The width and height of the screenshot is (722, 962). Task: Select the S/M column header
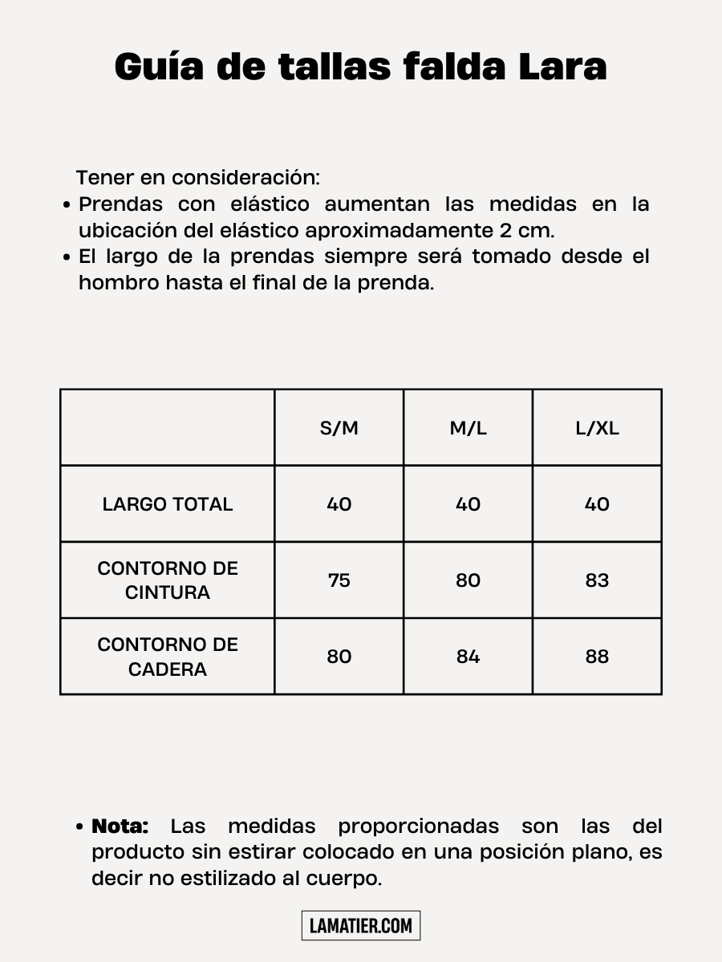pos(339,428)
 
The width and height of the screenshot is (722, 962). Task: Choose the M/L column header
pos(468,428)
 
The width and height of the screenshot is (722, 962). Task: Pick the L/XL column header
pos(597,428)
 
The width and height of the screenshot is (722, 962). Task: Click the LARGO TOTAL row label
pos(168,504)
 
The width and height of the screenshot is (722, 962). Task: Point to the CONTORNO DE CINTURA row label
pos(168,580)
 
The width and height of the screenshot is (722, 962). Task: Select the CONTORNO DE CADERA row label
pos(168,657)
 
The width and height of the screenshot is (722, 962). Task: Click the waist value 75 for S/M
pos(339,580)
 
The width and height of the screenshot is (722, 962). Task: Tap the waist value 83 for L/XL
pos(597,580)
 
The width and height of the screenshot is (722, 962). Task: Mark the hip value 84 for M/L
pos(468,657)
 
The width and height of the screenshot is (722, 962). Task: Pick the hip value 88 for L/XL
pos(597,657)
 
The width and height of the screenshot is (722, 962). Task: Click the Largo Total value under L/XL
pos(597,504)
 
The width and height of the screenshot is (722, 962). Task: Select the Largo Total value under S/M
pos(339,504)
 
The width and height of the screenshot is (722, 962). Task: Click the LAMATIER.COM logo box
pos(361,926)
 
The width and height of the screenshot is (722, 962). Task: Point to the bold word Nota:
pos(120,827)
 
